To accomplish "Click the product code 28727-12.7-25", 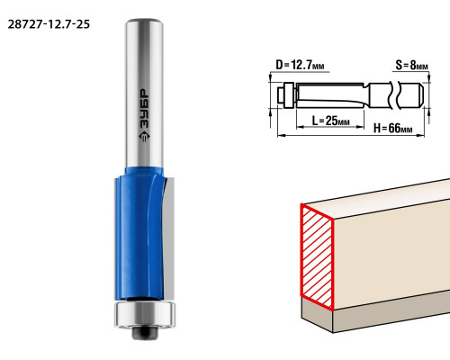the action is pyautogui.click(x=49, y=24).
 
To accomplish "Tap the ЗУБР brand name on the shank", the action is pyautogui.click(x=144, y=108).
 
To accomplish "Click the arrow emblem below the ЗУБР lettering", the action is pyautogui.click(x=144, y=136).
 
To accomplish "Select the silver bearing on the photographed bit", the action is pyautogui.click(x=145, y=314).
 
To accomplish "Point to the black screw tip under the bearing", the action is pyautogui.click(x=145, y=333).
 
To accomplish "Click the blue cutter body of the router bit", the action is pyautogui.click(x=139, y=234).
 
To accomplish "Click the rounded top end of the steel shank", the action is pyautogui.click(x=144, y=22).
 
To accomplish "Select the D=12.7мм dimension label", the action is pyautogui.click(x=300, y=65).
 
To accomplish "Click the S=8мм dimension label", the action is pyautogui.click(x=411, y=65).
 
